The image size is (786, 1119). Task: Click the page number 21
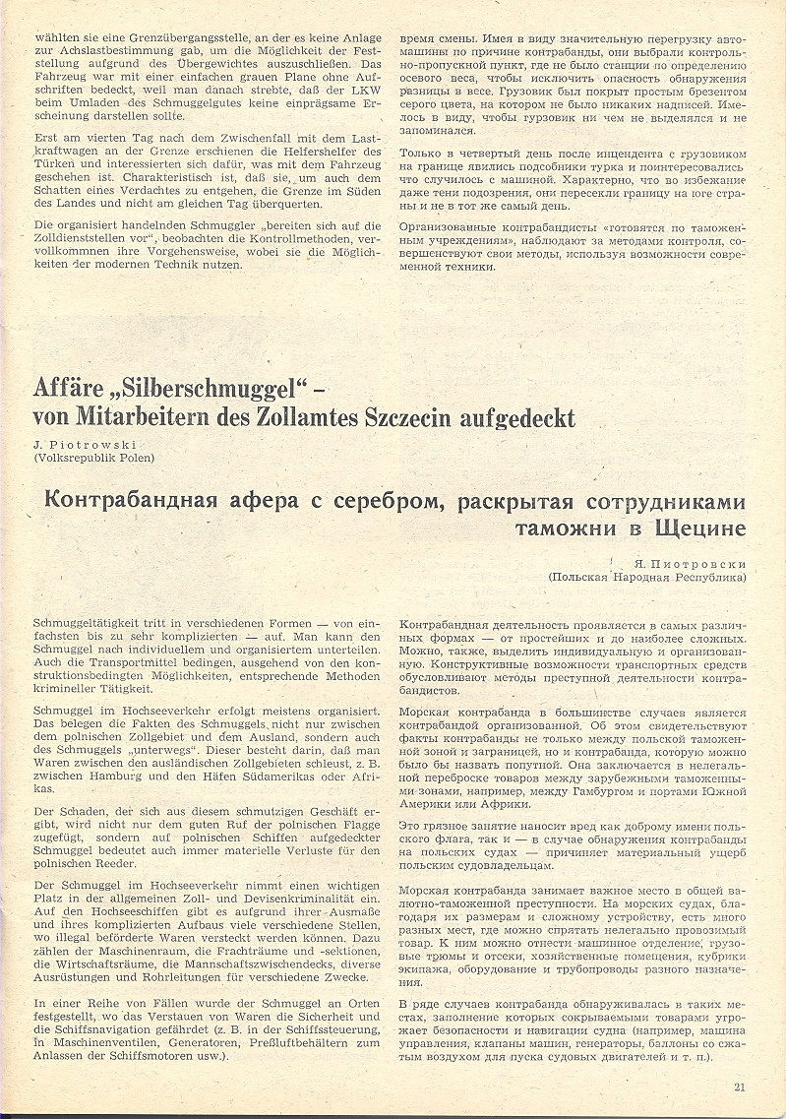tap(740, 1087)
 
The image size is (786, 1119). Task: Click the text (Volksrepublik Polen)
tap(93, 459)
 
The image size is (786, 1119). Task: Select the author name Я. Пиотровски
tap(693, 564)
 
